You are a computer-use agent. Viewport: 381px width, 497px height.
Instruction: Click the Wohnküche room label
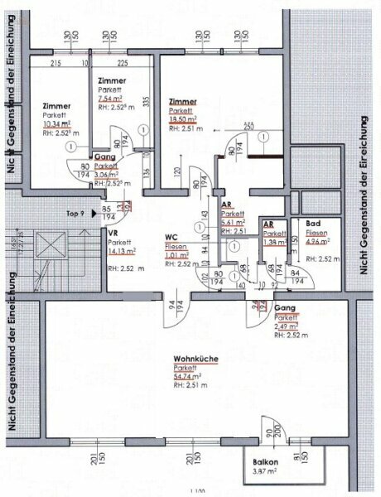click(193, 359)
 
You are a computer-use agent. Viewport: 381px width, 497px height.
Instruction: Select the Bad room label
click(311, 224)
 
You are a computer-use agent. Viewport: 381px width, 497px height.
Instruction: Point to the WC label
click(172, 236)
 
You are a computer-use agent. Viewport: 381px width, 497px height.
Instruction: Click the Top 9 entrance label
click(75, 213)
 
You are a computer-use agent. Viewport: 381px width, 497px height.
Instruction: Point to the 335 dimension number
click(145, 101)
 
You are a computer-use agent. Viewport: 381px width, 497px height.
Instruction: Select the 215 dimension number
click(56, 63)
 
